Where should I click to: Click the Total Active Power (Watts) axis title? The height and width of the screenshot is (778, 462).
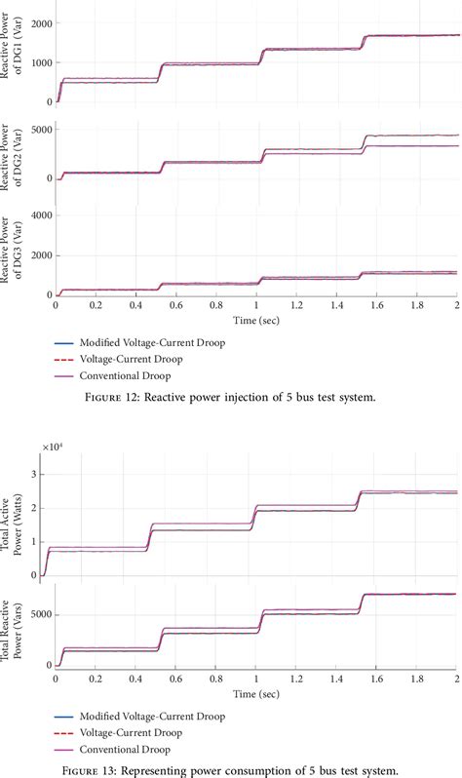pyautogui.click(x=15, y=520)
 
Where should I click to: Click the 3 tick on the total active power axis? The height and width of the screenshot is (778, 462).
pyautogui.click(x=45, y=474)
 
